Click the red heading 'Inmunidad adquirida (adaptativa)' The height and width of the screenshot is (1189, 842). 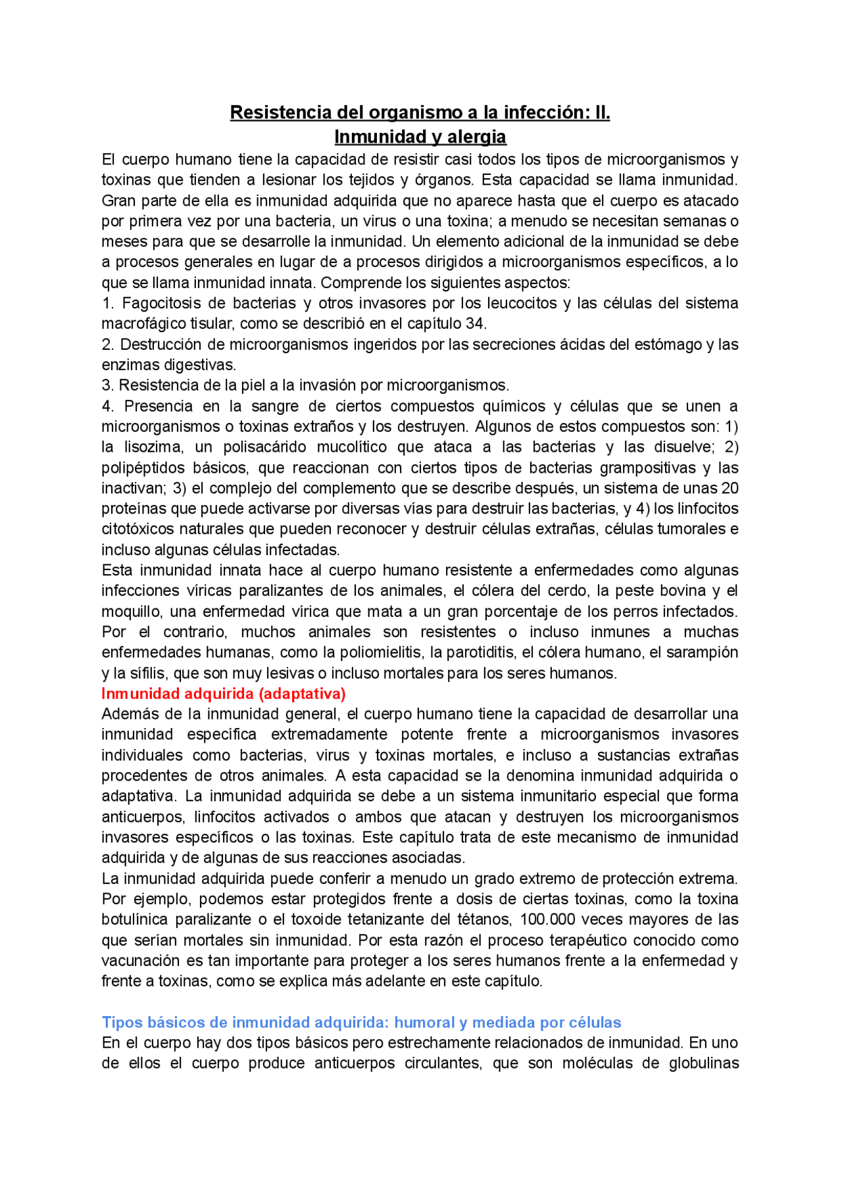(224, 694)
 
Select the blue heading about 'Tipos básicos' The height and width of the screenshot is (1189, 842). (361, 1023)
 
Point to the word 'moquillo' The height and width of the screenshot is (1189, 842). (130, 612)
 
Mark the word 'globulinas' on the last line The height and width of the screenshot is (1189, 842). (703, 1063)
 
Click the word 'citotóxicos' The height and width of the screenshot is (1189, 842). (137, 529)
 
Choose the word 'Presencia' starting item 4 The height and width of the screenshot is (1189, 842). (158, 406)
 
